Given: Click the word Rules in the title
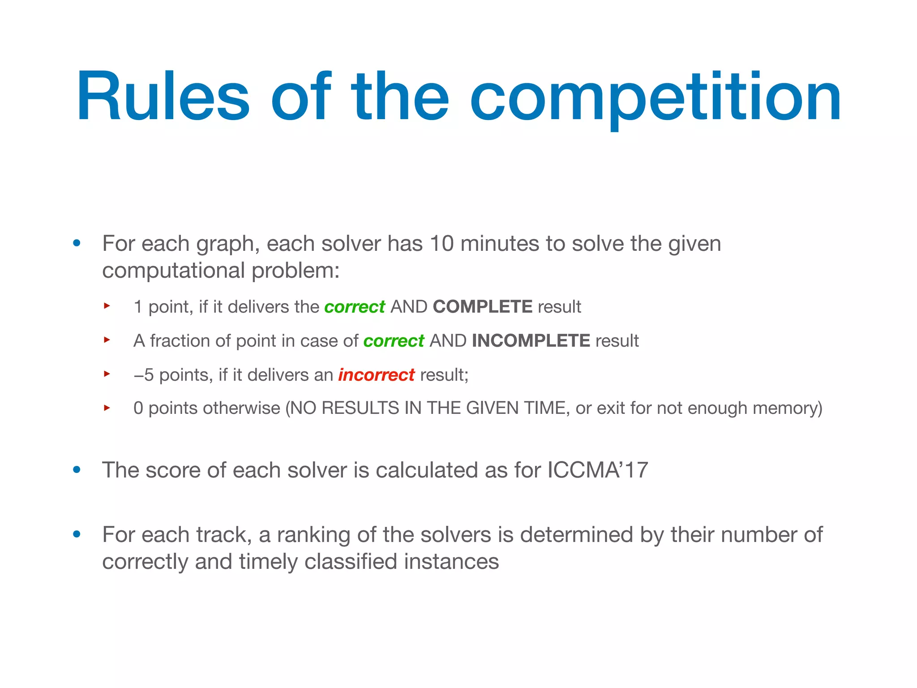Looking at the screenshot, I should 163,96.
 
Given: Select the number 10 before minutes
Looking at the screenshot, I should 441,244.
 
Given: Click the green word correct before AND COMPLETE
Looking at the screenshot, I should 355,307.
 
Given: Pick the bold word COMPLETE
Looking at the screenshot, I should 482,307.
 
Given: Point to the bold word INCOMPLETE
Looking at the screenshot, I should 531,341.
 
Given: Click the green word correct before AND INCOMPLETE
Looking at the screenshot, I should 394,341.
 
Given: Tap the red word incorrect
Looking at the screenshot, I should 376,375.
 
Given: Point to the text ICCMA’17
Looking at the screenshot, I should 597,470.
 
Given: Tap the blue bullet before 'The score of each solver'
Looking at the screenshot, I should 77,470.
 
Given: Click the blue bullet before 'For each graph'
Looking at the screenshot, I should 77,243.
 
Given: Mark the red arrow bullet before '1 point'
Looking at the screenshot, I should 107,306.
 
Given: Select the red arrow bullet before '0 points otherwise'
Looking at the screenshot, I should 107,408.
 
